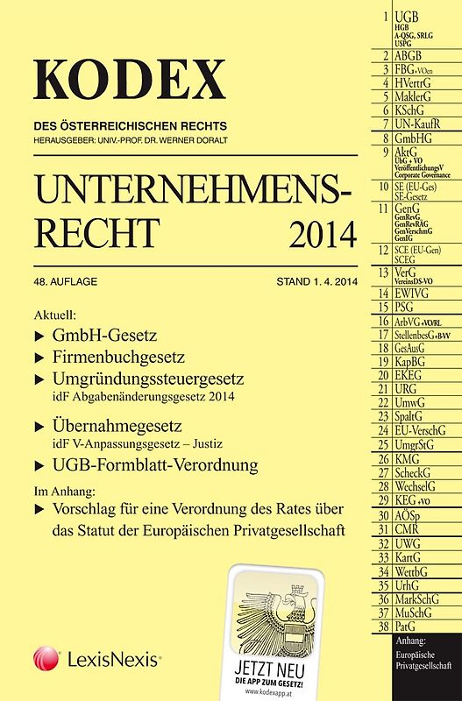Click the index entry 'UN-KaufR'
[x=421, y=124]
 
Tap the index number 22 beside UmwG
[x=383, y=402]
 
